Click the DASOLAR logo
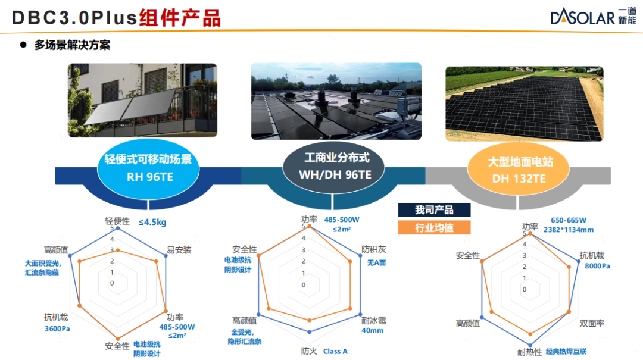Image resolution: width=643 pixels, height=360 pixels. click(x=593, y=17)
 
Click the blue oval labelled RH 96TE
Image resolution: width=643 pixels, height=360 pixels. click(x=148, y=169)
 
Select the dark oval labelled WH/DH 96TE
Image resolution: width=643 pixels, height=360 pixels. click(x=334, y=167)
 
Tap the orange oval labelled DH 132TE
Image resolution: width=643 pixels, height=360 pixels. click(x=519, y=170)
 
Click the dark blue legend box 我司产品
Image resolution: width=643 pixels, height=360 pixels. click(x=434, y=210)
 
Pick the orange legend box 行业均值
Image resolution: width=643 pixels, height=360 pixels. click(x=434, y=227)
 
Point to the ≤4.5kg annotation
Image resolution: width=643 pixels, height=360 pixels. click(x=152, y=222)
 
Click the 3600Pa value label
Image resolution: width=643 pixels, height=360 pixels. click(x=57, y=329)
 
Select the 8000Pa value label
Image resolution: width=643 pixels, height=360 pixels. click(x=597, y=266)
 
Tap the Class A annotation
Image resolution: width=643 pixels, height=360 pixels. click(x=335, y=352)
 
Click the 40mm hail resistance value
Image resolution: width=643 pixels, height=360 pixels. click(x=372, y=330)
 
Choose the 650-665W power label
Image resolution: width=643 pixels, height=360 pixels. click(x=569, y=220)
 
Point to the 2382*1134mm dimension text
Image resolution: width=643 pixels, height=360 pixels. click(x=569, y=230)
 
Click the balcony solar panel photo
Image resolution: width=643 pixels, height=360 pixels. click(x=142, y=100)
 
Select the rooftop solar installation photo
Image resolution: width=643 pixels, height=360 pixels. click(x=336, y=101)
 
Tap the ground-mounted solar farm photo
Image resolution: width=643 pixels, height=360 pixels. click(x=525, y=104)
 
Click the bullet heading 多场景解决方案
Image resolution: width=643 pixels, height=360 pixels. click(x=72, y=45)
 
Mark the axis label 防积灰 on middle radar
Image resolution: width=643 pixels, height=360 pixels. click(x=373, y=249)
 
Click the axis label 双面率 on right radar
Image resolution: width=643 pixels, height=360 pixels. click(x=592, y=324)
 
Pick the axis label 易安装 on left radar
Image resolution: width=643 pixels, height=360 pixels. click(x=179, y=250)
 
